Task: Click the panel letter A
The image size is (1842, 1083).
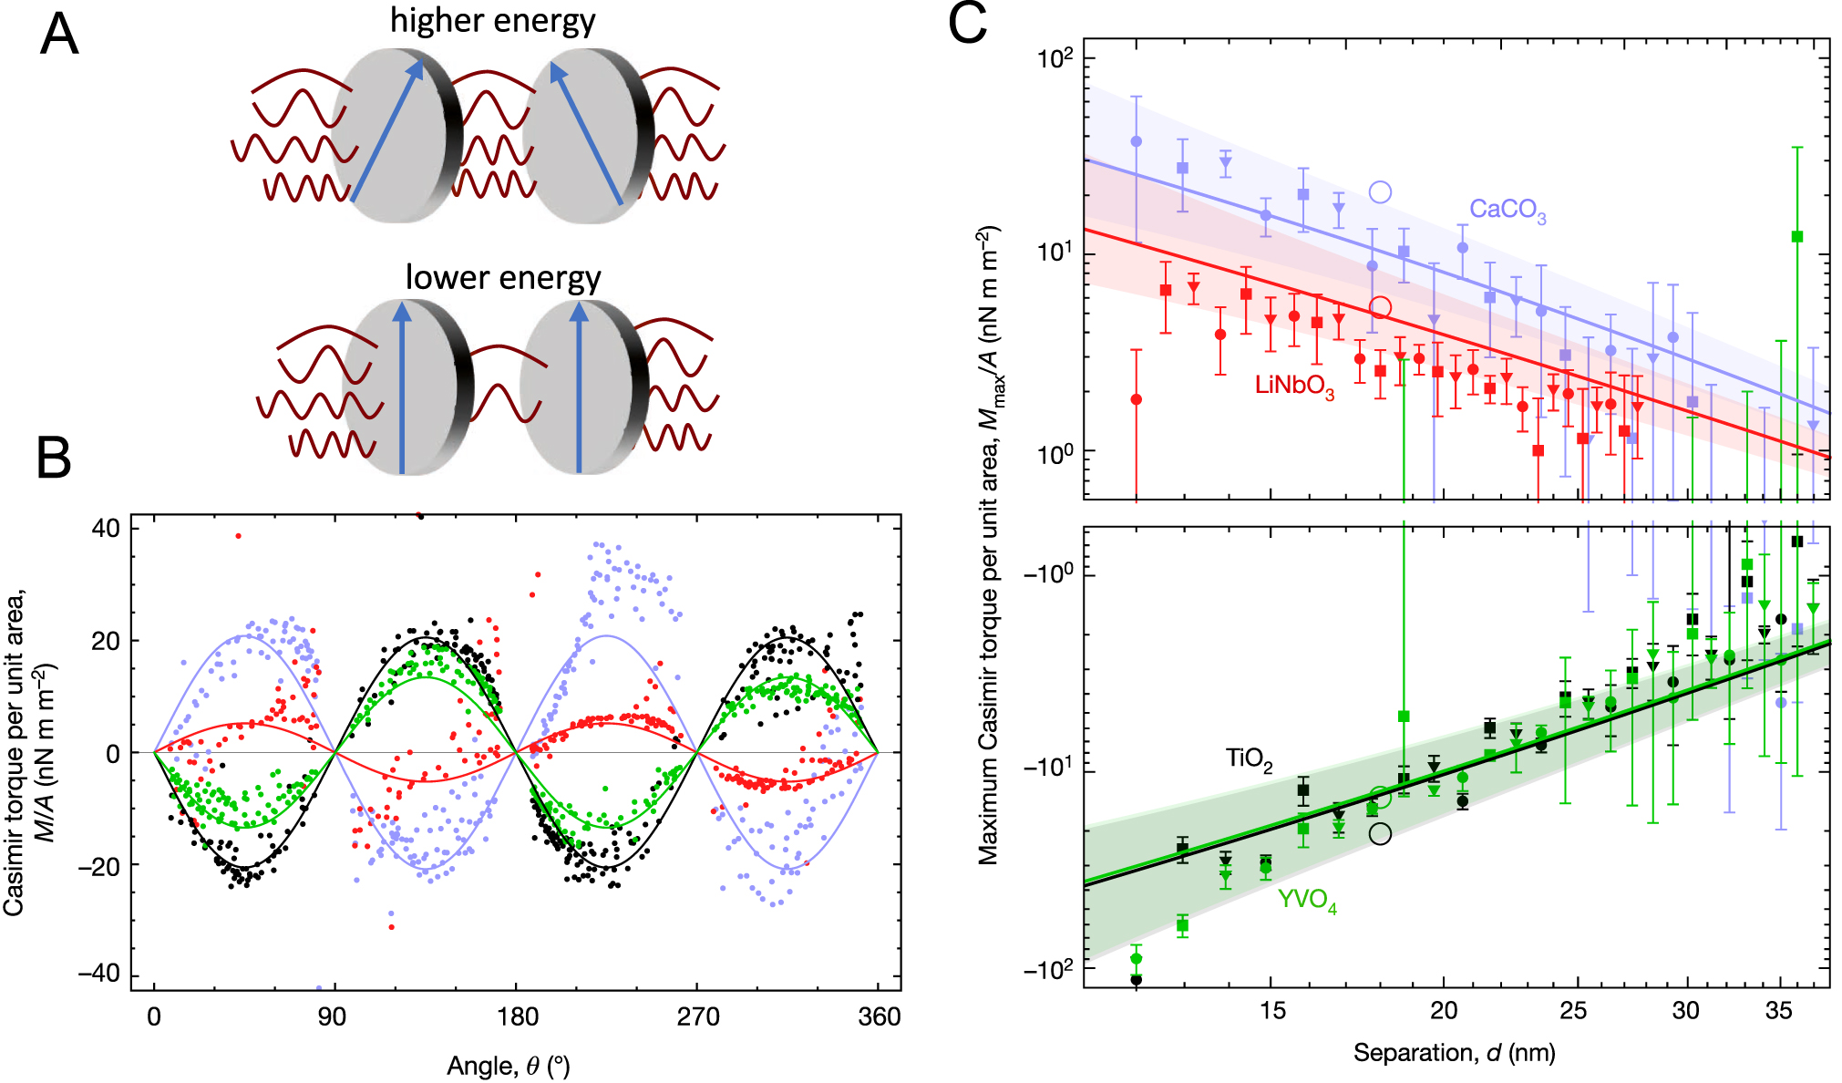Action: pos(59,36)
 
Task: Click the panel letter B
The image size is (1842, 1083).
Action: pos(54,459)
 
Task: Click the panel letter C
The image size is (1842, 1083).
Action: pos(967,24)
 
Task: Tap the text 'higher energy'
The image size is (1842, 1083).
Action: pos(492,20)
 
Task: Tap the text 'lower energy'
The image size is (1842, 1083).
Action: pos(503,277)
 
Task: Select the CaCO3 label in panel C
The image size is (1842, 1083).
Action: pos(1508,211)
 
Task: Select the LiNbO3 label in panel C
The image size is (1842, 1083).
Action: pos(1294,386)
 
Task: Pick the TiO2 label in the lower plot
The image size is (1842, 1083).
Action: pos(1249,758)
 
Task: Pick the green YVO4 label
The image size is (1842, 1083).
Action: pos(1307,900)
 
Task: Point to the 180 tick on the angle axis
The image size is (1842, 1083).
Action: pos(517,1016)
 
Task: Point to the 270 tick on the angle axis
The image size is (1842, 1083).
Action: pos(697,1016)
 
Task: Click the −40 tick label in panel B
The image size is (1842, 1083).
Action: pos(98,974)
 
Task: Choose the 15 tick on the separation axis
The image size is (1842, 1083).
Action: pos(1271,1011)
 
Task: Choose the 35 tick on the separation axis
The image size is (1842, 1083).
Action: pos(1778,1011)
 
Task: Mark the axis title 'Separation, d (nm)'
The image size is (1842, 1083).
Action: pos(1454,1053)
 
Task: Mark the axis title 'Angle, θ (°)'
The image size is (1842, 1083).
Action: pos(509,1066)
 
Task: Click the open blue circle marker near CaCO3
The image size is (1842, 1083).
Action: pos(1381,192)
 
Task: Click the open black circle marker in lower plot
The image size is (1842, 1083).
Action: pos(1381,833)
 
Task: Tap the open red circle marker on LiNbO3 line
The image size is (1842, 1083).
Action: pos(1381,307)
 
